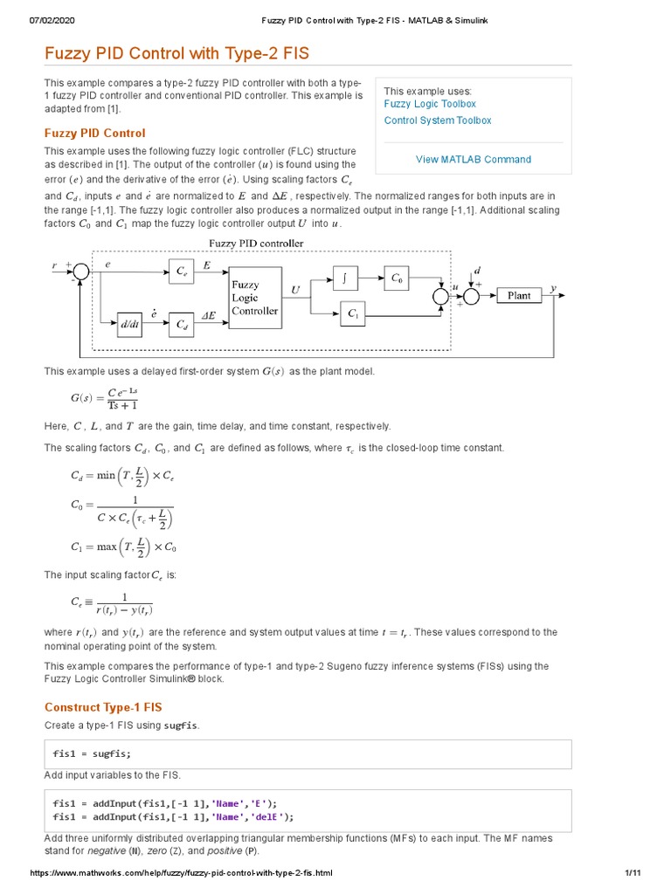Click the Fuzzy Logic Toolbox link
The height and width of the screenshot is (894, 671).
[x=430, y=104]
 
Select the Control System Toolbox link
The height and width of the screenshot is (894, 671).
[x=437, y=120]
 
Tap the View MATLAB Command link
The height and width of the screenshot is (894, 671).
[x=473, y=160]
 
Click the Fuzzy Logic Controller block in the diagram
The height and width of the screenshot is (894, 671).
[x=254, y=298]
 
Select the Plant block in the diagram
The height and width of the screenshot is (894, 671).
[x=519, y=296]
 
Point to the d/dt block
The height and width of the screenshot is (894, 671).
[x=129, y=324]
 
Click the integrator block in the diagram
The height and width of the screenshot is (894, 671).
[x=346, y=279]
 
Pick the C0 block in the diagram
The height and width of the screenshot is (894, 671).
[x=398, y=279]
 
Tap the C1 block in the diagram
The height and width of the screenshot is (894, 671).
[x=352, y=313]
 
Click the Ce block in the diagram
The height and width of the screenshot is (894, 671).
[x=181, y=272]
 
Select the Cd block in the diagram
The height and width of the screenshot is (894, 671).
[x=181, y=324]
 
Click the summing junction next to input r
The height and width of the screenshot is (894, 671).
[x=81, y=272]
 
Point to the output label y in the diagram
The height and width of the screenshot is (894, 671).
[x=553, y=287]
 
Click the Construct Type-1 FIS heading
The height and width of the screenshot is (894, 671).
[x=103, y=707]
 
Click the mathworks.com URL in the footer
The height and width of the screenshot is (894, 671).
[x=182, y=873]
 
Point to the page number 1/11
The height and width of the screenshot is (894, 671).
[x=633, y=873]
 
